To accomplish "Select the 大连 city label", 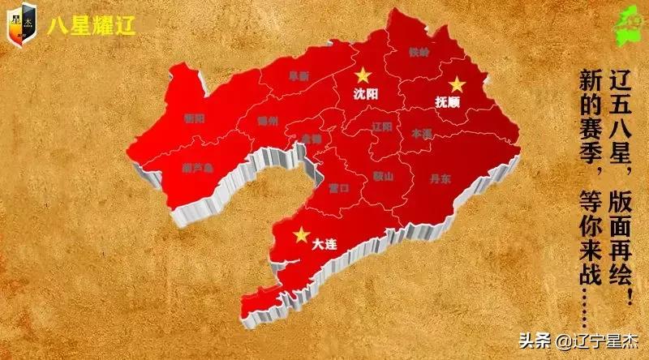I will point(324,242).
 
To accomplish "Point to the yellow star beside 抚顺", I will point(458,84).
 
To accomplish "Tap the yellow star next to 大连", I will point(301,234).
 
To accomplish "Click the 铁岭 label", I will point(419,53).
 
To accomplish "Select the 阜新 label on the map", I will point(299,75).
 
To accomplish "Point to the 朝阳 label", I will point(195,118).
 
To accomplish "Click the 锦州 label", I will point(268,120).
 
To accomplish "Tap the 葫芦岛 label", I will point(197,169).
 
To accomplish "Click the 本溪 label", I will point(423,132).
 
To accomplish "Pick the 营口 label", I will point(339,188).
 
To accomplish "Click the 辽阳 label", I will point(382,127).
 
